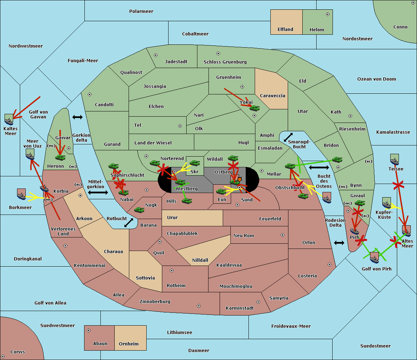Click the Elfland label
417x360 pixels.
pyautogui.click(x=285, y=30)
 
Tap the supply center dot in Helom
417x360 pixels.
pyautogui.click(x=328, y=14)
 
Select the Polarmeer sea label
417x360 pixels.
pyautogui.click(x=141, y=11)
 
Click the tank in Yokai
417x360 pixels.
pyautogui.click(x=254, y=108)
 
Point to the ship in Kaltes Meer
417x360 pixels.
pyautogui.click(x=9, y=121)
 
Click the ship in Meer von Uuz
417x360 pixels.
pyautogui.click(x=30, y=156)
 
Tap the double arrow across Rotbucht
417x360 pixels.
pyautogui.click(x=129, y=223)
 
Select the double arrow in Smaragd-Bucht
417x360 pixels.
pyautogui.click(x=288, y=137)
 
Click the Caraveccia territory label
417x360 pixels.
pyautogui.click(x=272, y=95)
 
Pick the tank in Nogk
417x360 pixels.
pyautogui.click(x=139, y=210)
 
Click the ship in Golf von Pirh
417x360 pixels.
pyautogui.click(x=375, y=259)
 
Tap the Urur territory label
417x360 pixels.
pyautogui.click(x=172, y=217)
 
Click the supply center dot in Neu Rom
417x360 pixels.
pyautogui.click(x=283, y=235)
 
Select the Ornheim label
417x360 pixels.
pyautogui.click(x=129, y=344)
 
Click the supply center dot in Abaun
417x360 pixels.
pyautogui.click(x=88, y=330)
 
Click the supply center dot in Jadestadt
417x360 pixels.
pyautogui.click(x=156, y=55)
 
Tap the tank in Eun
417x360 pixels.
pyautogui.click(x=221, y=191)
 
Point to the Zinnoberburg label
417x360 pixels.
pyautogui.click(x=155, y=302)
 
